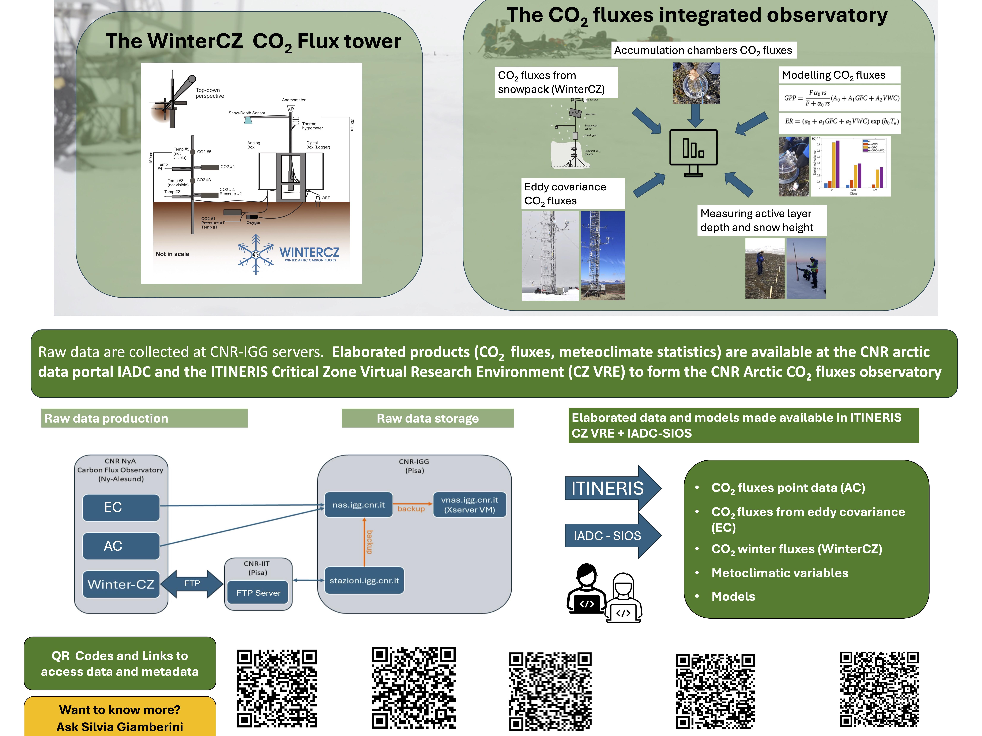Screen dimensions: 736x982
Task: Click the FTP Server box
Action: (x=258, y=593)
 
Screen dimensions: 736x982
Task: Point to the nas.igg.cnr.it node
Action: (x=359, y=505)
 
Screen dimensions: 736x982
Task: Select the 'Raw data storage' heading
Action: (x=428, y=418)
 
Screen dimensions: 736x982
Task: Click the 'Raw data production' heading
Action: (x=107, y=418)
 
